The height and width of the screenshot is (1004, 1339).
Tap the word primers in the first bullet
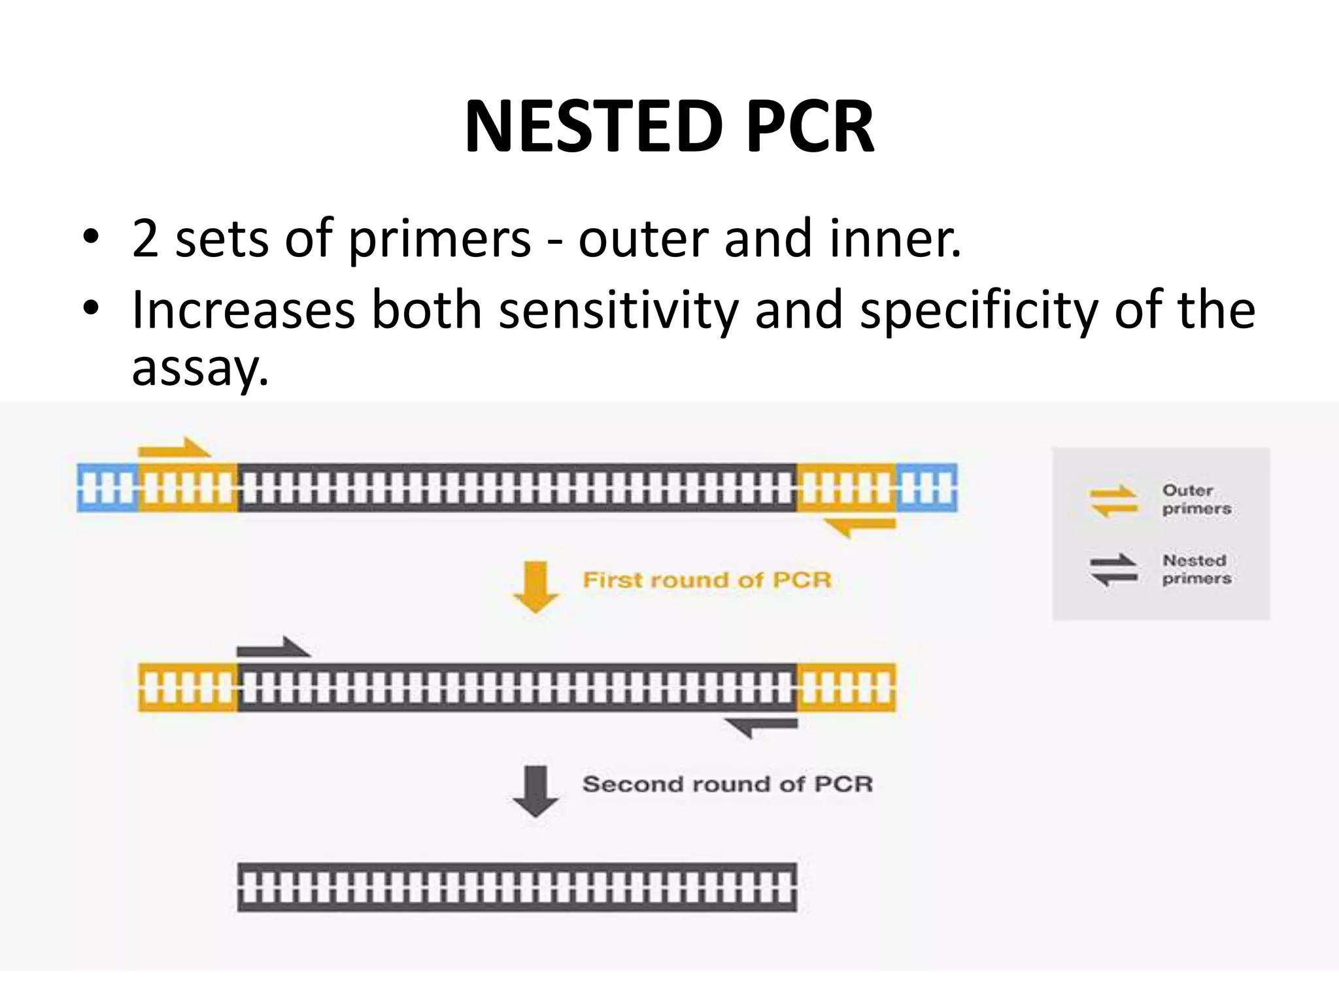click(x=439, y=239)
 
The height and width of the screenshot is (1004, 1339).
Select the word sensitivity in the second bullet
click(x=618, y=310)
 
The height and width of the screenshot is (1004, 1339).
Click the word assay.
click(x=199, y=367)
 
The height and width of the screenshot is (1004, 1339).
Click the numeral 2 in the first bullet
click(x=145, y=239)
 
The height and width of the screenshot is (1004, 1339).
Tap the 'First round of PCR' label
click(x=706, y=580)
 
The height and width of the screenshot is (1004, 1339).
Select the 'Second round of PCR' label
click(x=727, y=784)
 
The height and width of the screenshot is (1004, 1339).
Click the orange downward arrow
click(x=536, y=587)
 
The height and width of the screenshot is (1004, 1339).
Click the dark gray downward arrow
click(x=536, y=791)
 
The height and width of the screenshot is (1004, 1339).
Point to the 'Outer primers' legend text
click(x=1196, y=499)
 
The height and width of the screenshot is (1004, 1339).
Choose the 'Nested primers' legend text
click(x=1196, y=569)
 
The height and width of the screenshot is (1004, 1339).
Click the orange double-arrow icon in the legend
click(x=1113, y=501)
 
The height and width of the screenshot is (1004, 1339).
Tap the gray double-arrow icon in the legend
click(x=1113, y=570)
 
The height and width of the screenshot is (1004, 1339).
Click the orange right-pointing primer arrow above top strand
click(x=174, y=448)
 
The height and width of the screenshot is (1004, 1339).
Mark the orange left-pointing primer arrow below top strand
click(x=859, y=526)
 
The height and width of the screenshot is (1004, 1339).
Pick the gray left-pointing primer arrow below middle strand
click(x=762, y=726)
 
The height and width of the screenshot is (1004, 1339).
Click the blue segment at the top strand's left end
click(x=108, y=488)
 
